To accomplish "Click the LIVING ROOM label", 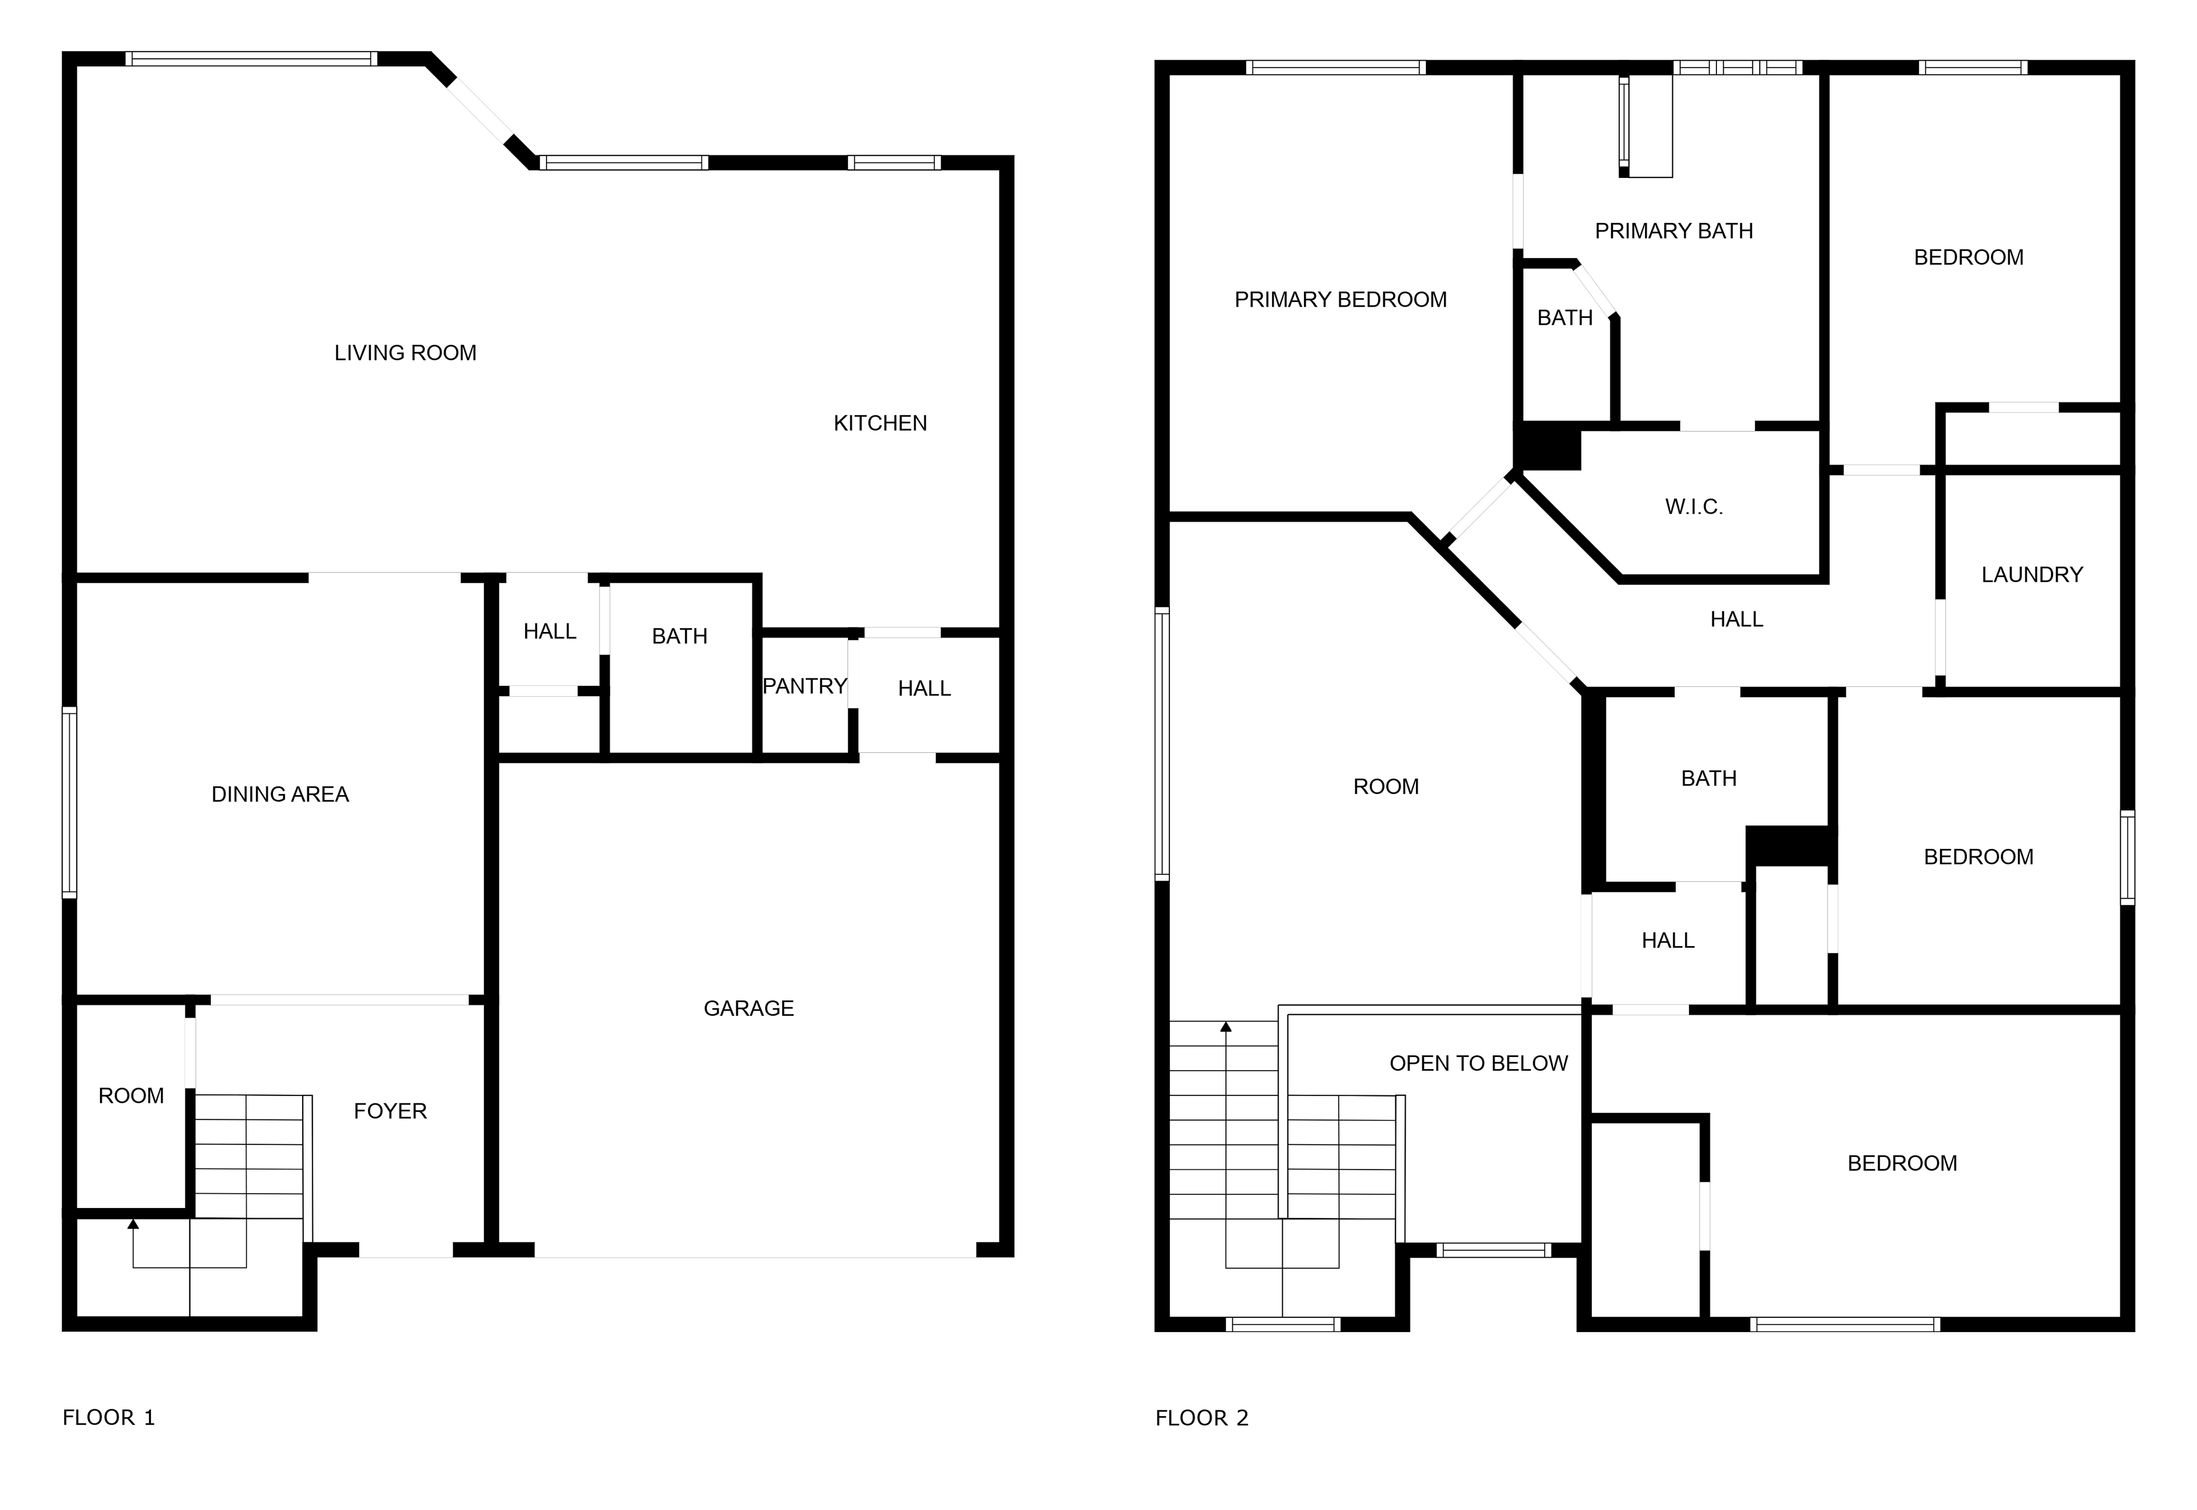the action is coord(405,353).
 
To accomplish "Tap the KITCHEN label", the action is coord(880,423).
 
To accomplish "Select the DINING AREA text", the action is coord(280,794).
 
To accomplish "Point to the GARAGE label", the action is coord(748,1008).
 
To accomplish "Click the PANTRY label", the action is coord(804,686).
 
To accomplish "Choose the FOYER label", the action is coord(390,1111).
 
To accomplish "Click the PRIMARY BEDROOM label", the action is coord(1341,300).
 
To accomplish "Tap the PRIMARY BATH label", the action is coord(1673,231).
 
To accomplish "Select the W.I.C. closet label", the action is coord(1694,507).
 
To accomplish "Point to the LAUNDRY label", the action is coord(2032,574).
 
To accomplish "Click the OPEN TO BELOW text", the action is coord(1479,1063).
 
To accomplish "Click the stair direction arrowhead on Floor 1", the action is coord(133,1224).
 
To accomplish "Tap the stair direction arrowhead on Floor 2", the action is coord(1226,1027).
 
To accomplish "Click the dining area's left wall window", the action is coord(69,801).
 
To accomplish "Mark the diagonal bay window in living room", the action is coord(479,111).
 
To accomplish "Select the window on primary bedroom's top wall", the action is coord(1335,67).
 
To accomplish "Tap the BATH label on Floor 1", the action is coord(679,637).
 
